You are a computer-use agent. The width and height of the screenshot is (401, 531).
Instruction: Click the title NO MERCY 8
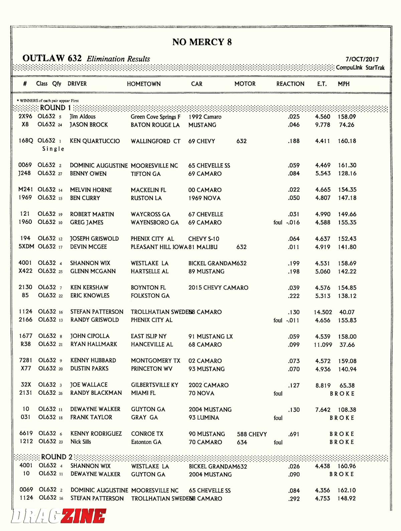(x=202, y=42)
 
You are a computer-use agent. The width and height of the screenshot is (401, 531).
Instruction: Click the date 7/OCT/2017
(x=362, y=59)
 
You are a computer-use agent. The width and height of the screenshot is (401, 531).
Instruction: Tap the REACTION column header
(x=290, y=84)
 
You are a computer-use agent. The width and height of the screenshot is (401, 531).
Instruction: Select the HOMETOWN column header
(x=144, y=84)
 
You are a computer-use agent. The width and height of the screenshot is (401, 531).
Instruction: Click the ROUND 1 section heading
(x=55, y=108)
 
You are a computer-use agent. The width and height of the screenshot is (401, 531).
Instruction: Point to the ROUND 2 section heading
(x=56, y=457)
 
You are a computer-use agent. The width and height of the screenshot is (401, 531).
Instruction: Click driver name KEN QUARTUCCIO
(x=95, y=141)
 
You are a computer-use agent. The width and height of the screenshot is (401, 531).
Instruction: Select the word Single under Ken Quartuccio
(x=53, y=149)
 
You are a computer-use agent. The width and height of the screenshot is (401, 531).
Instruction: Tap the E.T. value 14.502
(x=323, y=312)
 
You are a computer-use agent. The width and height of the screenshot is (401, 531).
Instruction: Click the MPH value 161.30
(x=347, y=165)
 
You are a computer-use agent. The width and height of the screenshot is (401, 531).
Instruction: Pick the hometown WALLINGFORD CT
(x=155, y=141)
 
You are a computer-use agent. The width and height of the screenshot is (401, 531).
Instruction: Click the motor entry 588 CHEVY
(x=252, y=434)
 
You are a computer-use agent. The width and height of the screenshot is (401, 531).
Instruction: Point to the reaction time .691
(x=294, y=434)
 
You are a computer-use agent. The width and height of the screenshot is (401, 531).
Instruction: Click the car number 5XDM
(x=26, y=247)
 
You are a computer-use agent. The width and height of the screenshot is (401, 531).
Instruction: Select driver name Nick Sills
(x=81, y=442)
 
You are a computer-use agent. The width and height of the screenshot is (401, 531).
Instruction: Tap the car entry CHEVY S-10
(x=204, y=239)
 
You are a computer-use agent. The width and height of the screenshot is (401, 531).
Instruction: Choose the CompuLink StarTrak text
(x=360, y=68)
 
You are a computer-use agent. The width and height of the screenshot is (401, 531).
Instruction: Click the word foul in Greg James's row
(x=278, y=222)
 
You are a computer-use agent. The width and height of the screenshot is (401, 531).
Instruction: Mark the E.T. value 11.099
(x=323, y=345)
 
